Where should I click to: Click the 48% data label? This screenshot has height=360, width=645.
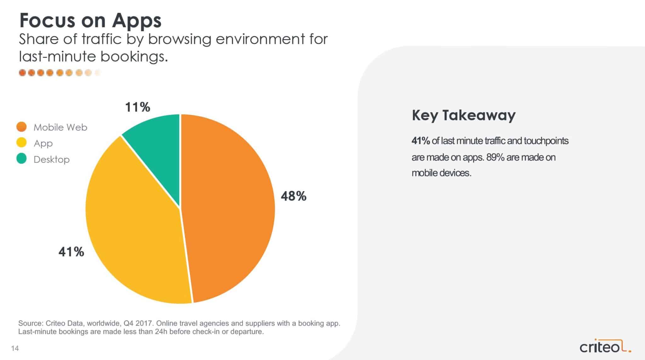294,196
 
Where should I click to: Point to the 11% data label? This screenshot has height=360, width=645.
138,107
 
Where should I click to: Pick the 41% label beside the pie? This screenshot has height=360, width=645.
71,252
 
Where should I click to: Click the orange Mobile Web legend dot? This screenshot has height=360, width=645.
21,127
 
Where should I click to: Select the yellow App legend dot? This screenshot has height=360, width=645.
21,143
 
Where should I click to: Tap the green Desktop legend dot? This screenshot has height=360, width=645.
21,159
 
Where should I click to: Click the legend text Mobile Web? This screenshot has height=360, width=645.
60,127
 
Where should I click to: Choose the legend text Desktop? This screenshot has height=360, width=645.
52,159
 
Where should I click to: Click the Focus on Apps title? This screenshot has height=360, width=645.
90,21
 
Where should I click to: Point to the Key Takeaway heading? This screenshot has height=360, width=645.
464,115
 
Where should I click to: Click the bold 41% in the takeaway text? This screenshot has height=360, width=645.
421,141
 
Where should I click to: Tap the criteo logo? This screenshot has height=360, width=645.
606,347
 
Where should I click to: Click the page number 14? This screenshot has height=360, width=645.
15,348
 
